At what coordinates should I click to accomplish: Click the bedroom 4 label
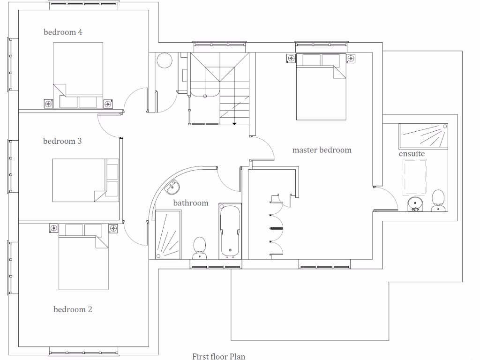(x=63, y=32)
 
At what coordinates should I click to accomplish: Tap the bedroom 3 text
(x=62, y=141)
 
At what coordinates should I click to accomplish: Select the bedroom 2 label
(x=73, y=309)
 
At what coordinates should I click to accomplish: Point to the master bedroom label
(x=322, y=150)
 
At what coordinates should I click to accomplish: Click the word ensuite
(x=412, y=153)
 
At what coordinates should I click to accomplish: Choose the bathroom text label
(x=191, y=203)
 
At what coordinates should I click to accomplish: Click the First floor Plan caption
(x=218, y=356)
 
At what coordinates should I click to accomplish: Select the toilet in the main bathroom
(x=200, y=247)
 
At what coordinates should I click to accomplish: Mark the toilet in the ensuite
(x=438, y=201)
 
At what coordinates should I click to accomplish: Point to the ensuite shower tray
(x=423, y=136)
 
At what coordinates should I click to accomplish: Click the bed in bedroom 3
(x=85, y=180)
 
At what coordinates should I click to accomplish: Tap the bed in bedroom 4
(x=78, y=75)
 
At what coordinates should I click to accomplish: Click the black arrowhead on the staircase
(x=234, y=123)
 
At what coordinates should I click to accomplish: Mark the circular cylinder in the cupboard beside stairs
(x=165, y=60)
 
